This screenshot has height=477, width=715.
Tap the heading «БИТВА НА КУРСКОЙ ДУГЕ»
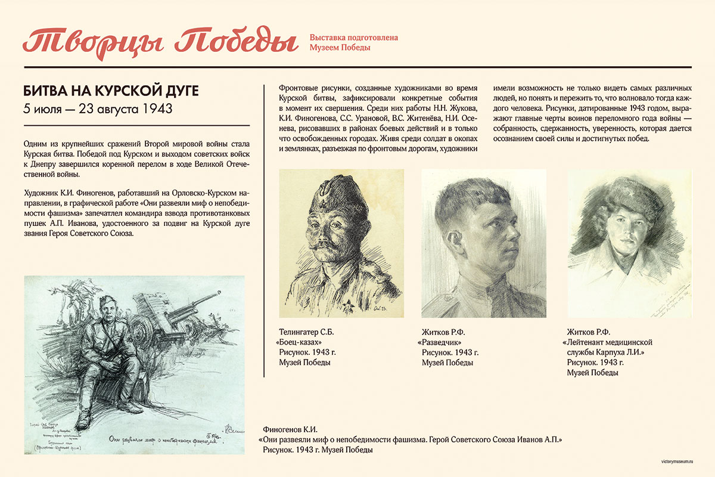110,91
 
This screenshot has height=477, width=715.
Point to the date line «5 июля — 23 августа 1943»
98,109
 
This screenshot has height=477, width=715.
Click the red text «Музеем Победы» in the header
340,48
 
